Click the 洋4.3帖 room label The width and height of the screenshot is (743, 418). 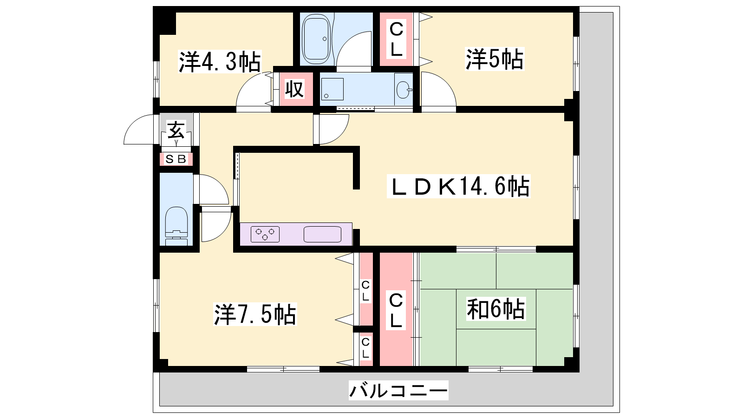point(220,62)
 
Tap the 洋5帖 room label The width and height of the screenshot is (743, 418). point(495,59)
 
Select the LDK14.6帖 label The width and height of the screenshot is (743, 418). point(459,186)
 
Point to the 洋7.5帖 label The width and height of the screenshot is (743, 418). point(255,314)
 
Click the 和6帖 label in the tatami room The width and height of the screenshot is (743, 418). point(496,309)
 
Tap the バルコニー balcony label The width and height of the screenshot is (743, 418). point(398,390)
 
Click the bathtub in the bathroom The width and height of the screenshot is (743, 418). point(316,39)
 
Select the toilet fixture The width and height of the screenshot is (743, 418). point(176,226)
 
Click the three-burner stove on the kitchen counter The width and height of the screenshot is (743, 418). point(265,234)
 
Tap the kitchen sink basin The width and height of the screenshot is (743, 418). point(322,234)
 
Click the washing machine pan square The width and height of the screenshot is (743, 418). point(332,89)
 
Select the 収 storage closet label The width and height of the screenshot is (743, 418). point(294,89)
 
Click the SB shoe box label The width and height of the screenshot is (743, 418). point(176,159)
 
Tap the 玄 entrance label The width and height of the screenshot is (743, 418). point(176,130)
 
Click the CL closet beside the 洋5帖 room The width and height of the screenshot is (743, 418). point(396,39)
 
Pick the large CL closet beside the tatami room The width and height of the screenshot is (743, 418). point(396,309)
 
